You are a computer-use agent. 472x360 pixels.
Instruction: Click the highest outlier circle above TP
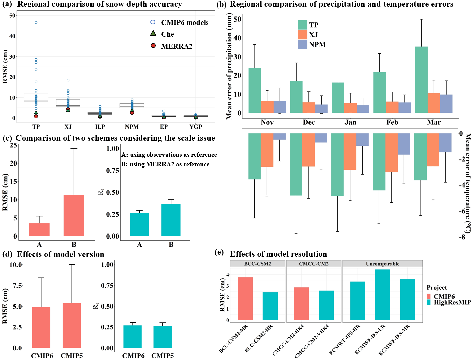tap(36, 23)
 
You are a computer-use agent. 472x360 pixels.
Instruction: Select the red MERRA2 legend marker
tap(153, 46)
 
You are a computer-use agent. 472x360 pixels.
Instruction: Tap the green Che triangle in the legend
tap(153, 33)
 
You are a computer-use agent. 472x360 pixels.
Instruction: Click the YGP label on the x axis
tap(195, 127)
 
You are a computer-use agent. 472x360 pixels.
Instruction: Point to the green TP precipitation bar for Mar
tap(421, 80)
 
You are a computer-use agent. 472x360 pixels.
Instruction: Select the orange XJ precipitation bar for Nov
tap(267, 107)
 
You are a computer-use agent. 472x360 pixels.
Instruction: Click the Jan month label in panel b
tap(350, 122)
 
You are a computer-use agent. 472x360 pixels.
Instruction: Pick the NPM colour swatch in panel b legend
tap(302, 44)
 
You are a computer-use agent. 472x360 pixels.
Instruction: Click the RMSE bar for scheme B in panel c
tap(74, 215)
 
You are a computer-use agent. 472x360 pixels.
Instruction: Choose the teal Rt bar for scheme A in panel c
tap(139, 224)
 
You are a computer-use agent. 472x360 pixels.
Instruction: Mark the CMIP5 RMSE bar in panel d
tap(72, 325)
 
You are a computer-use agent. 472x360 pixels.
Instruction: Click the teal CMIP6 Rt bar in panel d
tap(133, 336)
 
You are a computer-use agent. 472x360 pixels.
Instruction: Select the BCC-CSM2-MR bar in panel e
tap(245, 298)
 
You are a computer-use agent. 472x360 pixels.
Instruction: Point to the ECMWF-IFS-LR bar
tap(383, 295)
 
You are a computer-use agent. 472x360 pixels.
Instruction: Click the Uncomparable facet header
tap(383, 264)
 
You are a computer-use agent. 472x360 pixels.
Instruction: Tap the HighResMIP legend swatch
tap(429, 302)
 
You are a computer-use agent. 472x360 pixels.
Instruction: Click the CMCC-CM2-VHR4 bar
tap(326, 305)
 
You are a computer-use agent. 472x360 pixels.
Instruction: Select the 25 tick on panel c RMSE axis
tap(13, 145)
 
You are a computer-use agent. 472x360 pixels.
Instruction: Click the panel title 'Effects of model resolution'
tap(278, 254)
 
